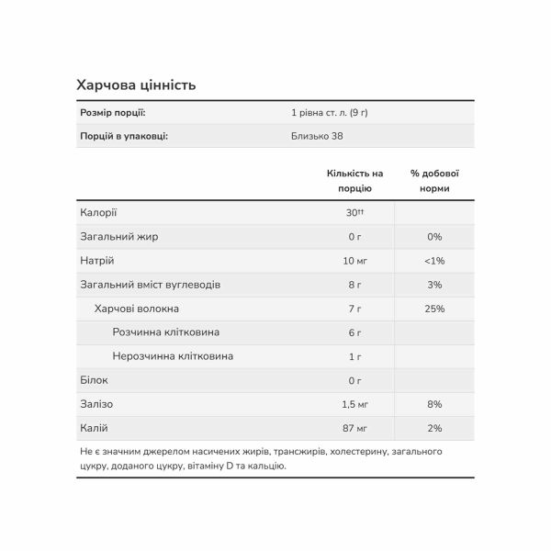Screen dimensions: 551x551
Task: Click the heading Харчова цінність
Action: coord(136,85)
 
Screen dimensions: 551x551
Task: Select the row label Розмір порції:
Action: coord(113,112)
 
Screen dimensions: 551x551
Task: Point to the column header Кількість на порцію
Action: coord(354,180)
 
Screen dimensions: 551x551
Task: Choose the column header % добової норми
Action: coord(434,180)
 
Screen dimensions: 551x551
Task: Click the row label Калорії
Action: coord(99,212)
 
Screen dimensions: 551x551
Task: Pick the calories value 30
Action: coord(352,212)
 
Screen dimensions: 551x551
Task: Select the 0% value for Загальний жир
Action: coord(434,236)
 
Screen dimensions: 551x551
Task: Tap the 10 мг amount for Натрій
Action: coord(354,260)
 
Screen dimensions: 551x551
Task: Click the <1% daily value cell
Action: coord(434,260)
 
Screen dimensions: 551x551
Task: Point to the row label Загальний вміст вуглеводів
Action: coord(151,285)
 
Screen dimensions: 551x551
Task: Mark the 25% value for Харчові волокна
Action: coord(434,309)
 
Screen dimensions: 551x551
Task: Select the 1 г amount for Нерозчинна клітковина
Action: coord(354,356)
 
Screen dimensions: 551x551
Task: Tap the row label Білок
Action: coord(95,380)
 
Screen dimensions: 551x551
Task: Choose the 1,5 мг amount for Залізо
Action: coord(354,404)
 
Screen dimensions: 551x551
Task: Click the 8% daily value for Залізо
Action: coord(434,404)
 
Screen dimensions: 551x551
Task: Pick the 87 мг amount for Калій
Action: coord(354,428)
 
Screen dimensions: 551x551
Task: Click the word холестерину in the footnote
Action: coord(354,452)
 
